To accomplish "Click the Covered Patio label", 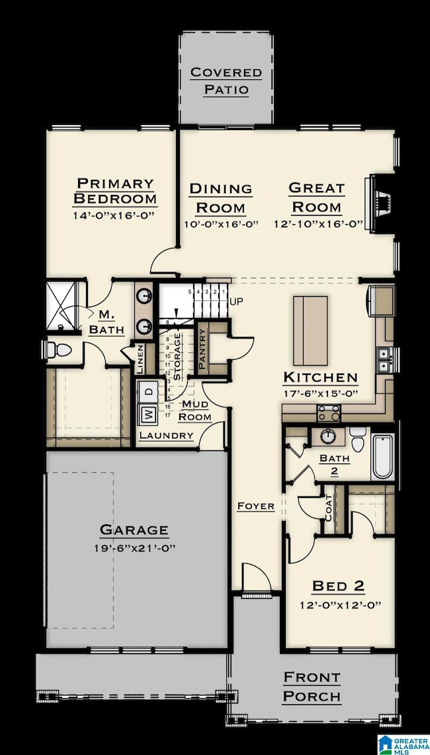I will pyautogui.click(x=226, y=81).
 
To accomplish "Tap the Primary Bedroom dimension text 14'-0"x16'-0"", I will pyautogui.click(x=114, y=216).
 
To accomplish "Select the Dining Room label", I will pyautogui.click(x=221, y=198).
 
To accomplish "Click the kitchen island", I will pyautogui.click(x=311, y=330).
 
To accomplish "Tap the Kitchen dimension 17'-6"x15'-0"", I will pyautogui.click(x=321, y=395).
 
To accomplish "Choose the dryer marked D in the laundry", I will pyautogui.click(x=150, y=391).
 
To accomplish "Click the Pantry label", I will pyautogui.click(x=202, y=348).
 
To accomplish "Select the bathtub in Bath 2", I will pyautogui.click(x=382, y=457).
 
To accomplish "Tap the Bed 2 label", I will pyautogui.click(x=339, y=586).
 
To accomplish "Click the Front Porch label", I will pyautogui.click(x=312, y=686).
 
